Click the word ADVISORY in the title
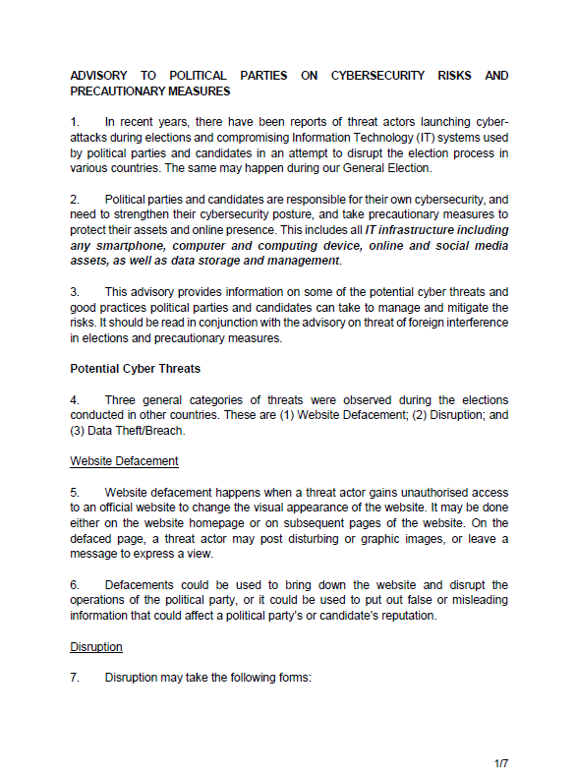point(101,75)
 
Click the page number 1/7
point(500,762)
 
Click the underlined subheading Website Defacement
point(124,460)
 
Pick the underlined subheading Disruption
point(96,646)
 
